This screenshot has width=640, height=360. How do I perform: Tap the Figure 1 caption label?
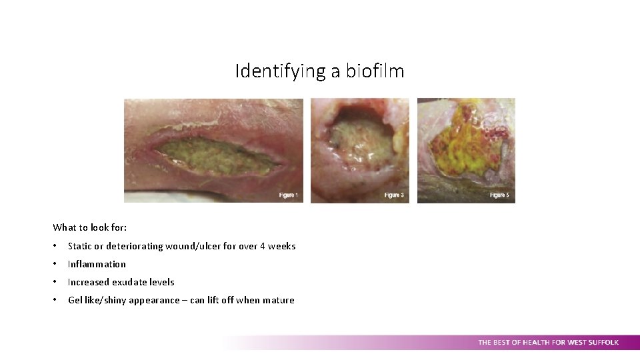click(288, 195)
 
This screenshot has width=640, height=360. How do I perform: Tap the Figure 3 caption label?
click(394, 195)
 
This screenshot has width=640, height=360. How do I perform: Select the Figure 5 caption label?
click(499, 195)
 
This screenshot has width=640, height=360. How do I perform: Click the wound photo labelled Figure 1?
click(213, 150)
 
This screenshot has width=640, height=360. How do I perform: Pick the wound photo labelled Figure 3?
click(359, 150)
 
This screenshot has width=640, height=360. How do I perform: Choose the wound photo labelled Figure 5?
click(466, 150)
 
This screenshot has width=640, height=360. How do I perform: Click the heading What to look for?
click(90, 228)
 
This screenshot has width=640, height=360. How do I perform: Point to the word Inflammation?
click(97, 264)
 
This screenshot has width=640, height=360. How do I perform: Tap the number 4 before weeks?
click(263, 246)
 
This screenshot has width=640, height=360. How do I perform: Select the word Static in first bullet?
click(80, 246)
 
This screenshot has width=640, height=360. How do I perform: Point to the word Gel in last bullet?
click(75, 300)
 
